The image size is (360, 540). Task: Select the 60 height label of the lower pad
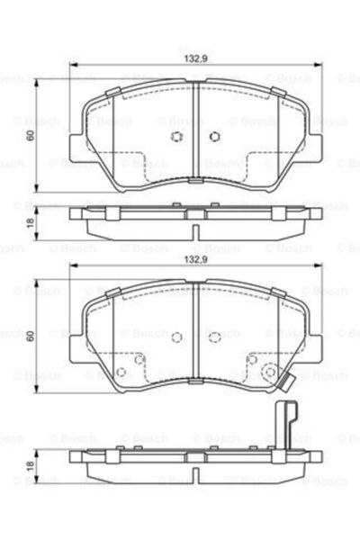click(x=30, y=336)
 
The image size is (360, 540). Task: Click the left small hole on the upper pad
click(x=176, y=137)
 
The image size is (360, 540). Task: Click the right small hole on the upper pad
click(x=215, y=137)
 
